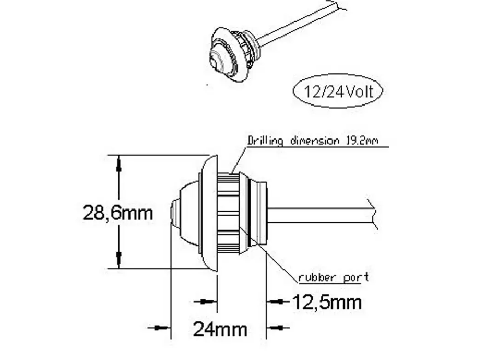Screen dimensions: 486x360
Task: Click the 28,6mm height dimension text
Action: click(x=118, y=213)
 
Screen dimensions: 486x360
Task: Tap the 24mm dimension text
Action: click(x=220, y=329)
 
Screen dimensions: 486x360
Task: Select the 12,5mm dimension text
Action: click(x=327, y=303)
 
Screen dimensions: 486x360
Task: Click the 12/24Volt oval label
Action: click(x=338, y=91)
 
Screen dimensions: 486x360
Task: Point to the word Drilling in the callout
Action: click(x=265, y=141)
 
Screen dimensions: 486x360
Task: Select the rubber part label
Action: click(x=334, y=277)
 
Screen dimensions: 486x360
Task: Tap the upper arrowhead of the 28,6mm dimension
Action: click(x=118, y=165)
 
